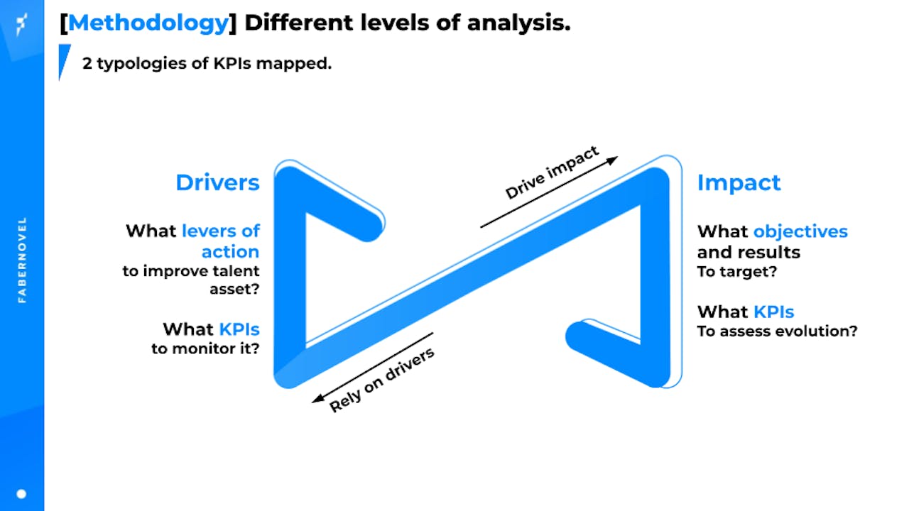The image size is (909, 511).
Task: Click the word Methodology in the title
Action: click(148, 23)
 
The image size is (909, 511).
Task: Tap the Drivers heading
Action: click(217, 182)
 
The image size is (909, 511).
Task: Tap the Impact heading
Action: click(739, 183)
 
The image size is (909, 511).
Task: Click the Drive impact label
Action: click(552, 172)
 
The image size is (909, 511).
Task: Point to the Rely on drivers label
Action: click(382, 380)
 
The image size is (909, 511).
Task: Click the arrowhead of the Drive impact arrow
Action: click(613, 160)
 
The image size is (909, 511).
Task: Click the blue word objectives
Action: click(800, 232)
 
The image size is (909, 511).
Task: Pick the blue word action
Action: click(230, 252)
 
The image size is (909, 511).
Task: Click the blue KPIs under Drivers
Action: click(239, 329)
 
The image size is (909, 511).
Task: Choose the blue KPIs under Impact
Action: click(773, 312)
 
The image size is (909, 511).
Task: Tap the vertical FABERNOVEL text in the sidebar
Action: click(22, 260)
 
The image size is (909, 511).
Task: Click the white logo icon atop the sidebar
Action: click(21, 24)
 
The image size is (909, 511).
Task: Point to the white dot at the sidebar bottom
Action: click(21, 494)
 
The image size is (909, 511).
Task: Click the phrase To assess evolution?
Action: click(777, 331)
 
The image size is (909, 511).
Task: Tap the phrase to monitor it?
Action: click(205, 348)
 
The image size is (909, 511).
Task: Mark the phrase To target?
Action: click(737, 271)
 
